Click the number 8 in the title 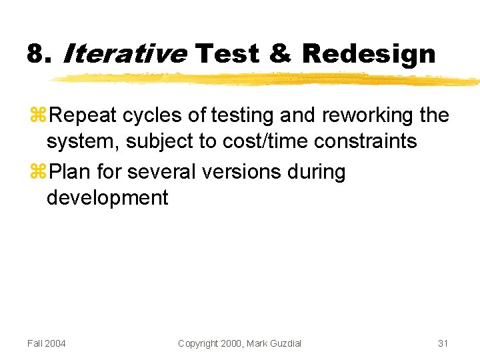tap(35, 53)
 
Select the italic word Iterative tap(124, 53)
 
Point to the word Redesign tap(369, 55)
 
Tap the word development tap(107, 197)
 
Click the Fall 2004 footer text tap(47, 343)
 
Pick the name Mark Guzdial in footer tap(274, 343)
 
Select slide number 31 tap(443, 343)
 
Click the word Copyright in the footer tap(198, 343)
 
